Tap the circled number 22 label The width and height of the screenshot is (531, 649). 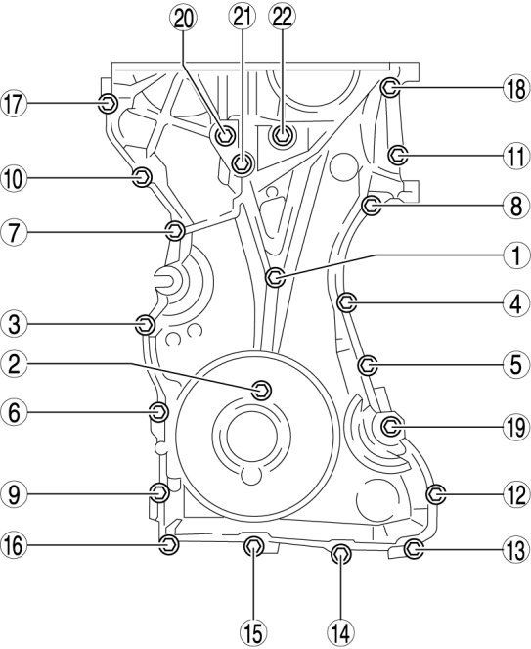tap(283, 16)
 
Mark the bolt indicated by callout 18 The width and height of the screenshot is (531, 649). tap(388, 88)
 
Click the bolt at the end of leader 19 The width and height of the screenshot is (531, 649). tap(391, 426)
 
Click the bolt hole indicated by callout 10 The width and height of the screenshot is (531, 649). tap(141, 177)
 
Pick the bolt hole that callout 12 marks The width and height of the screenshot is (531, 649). tap(436, 494)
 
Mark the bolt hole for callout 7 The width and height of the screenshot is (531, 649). tap(174, 231)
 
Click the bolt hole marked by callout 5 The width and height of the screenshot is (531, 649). tap(368, 366)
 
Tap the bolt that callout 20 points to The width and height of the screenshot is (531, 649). tap(226, 134)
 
